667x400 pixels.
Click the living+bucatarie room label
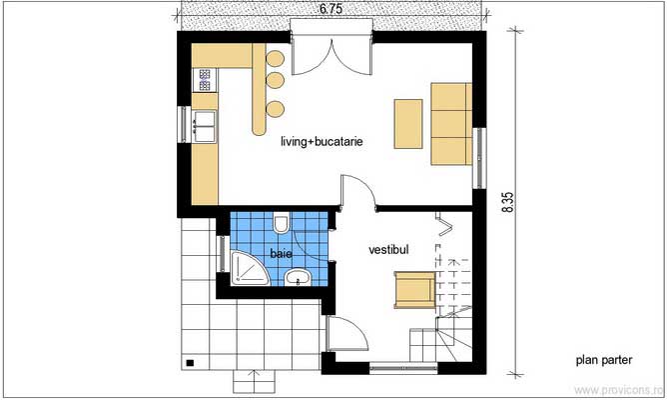(x=321, y=143)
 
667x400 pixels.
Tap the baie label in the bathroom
(x=281, y=254)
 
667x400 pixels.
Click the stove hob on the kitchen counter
(x=205, y=76)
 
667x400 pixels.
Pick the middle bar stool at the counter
(x=275, y=82)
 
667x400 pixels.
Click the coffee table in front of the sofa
(x=407, y=123)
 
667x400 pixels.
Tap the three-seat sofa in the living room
(x=450, y=124)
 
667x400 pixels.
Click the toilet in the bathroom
(x=282, y=222)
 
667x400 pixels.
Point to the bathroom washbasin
(x=296, y=276)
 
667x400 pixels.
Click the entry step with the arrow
(x=256, y=380)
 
